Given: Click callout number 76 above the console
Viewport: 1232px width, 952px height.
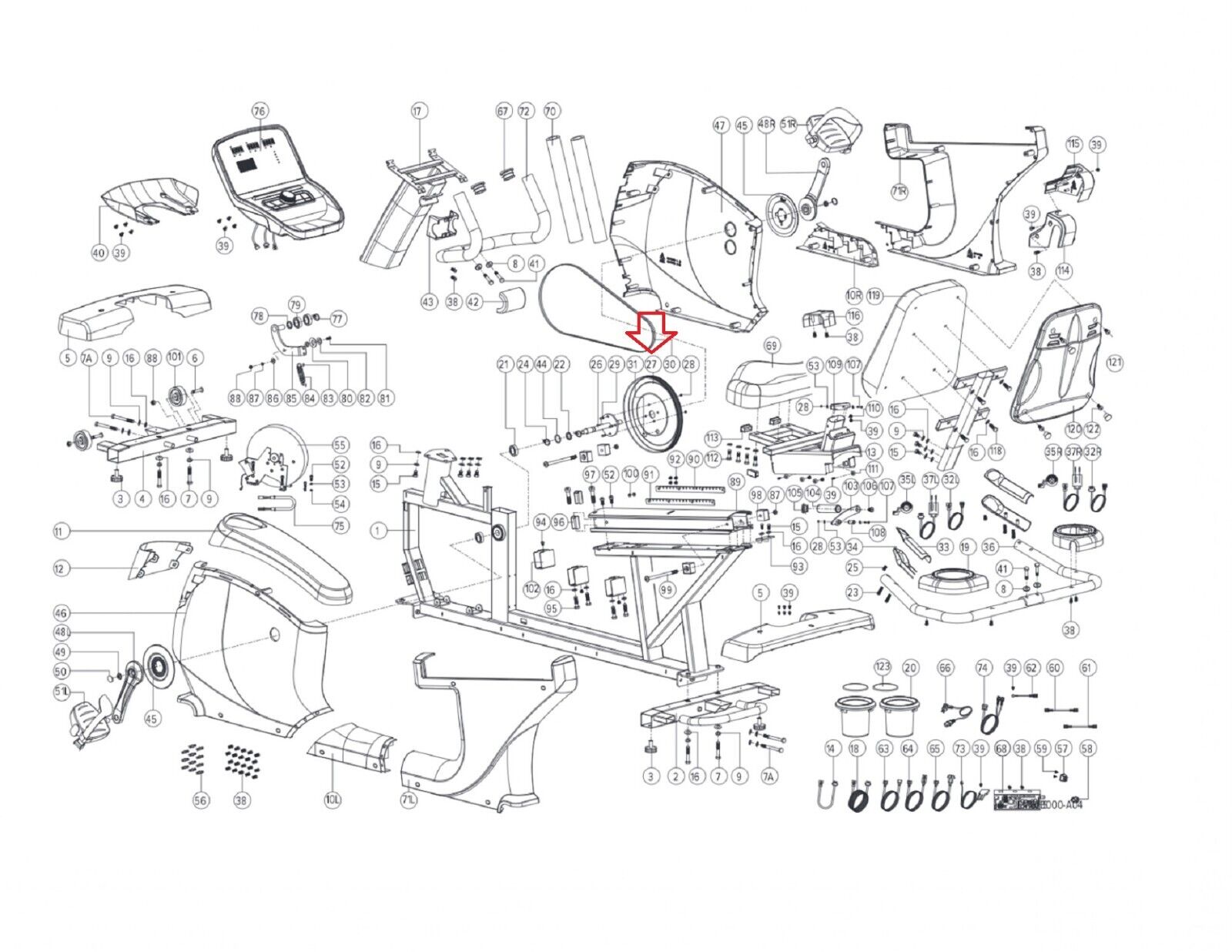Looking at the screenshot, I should click(259, 111).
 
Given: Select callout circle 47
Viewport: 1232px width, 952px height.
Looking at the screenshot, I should click(721, 125).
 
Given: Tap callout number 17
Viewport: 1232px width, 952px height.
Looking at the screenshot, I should click(418, 111).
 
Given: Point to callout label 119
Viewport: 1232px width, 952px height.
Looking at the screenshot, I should click(874, 295).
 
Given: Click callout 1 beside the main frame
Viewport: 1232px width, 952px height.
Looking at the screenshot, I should click(378, 531).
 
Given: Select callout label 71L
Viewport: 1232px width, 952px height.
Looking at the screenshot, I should click(409, 800).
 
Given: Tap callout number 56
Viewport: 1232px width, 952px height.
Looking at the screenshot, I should click(201, 800).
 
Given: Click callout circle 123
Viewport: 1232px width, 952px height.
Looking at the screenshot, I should click(882, 666).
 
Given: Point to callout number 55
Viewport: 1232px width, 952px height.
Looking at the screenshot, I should click(340, 445).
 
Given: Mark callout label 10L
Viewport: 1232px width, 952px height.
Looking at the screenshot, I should click(333, 800).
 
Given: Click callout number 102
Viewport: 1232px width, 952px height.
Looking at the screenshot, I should click(531, 588).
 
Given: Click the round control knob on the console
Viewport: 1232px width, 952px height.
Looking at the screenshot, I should click(286, 197).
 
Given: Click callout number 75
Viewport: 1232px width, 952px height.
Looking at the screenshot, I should click(340, 527).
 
